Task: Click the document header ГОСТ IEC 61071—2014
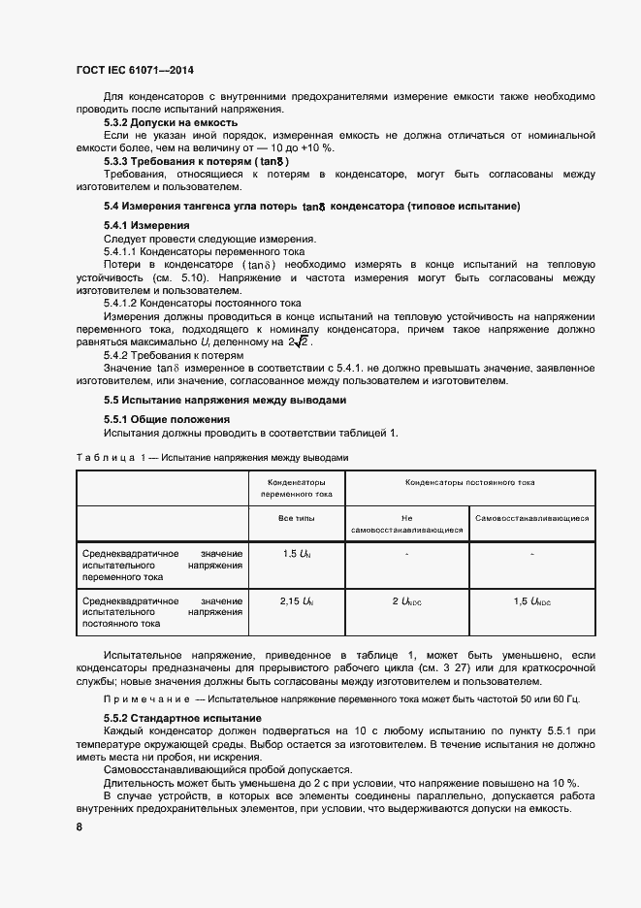pyautogui.click(x=134, y=71)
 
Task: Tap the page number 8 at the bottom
pyautogui.click(x=79, y=826)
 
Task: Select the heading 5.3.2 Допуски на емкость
pyautogui.click(x=165, y=123)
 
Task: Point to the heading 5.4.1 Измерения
pyautogui.click(x=145, y=225)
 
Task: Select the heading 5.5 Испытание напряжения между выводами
pyautogui.click(x=225, y=400)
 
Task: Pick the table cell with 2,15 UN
pyautogui.click(x=297, y=601)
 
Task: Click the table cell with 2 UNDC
pyautogui.click(x=407, y=601)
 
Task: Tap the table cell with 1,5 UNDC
pyautogui.click(x=532, y=601)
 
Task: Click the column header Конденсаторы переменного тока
pyautogui.click(x=297, y=488)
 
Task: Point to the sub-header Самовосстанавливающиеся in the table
pyautogui.click(x=532, y=518)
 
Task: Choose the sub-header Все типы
pyautogui.click(x=297, y=518)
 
